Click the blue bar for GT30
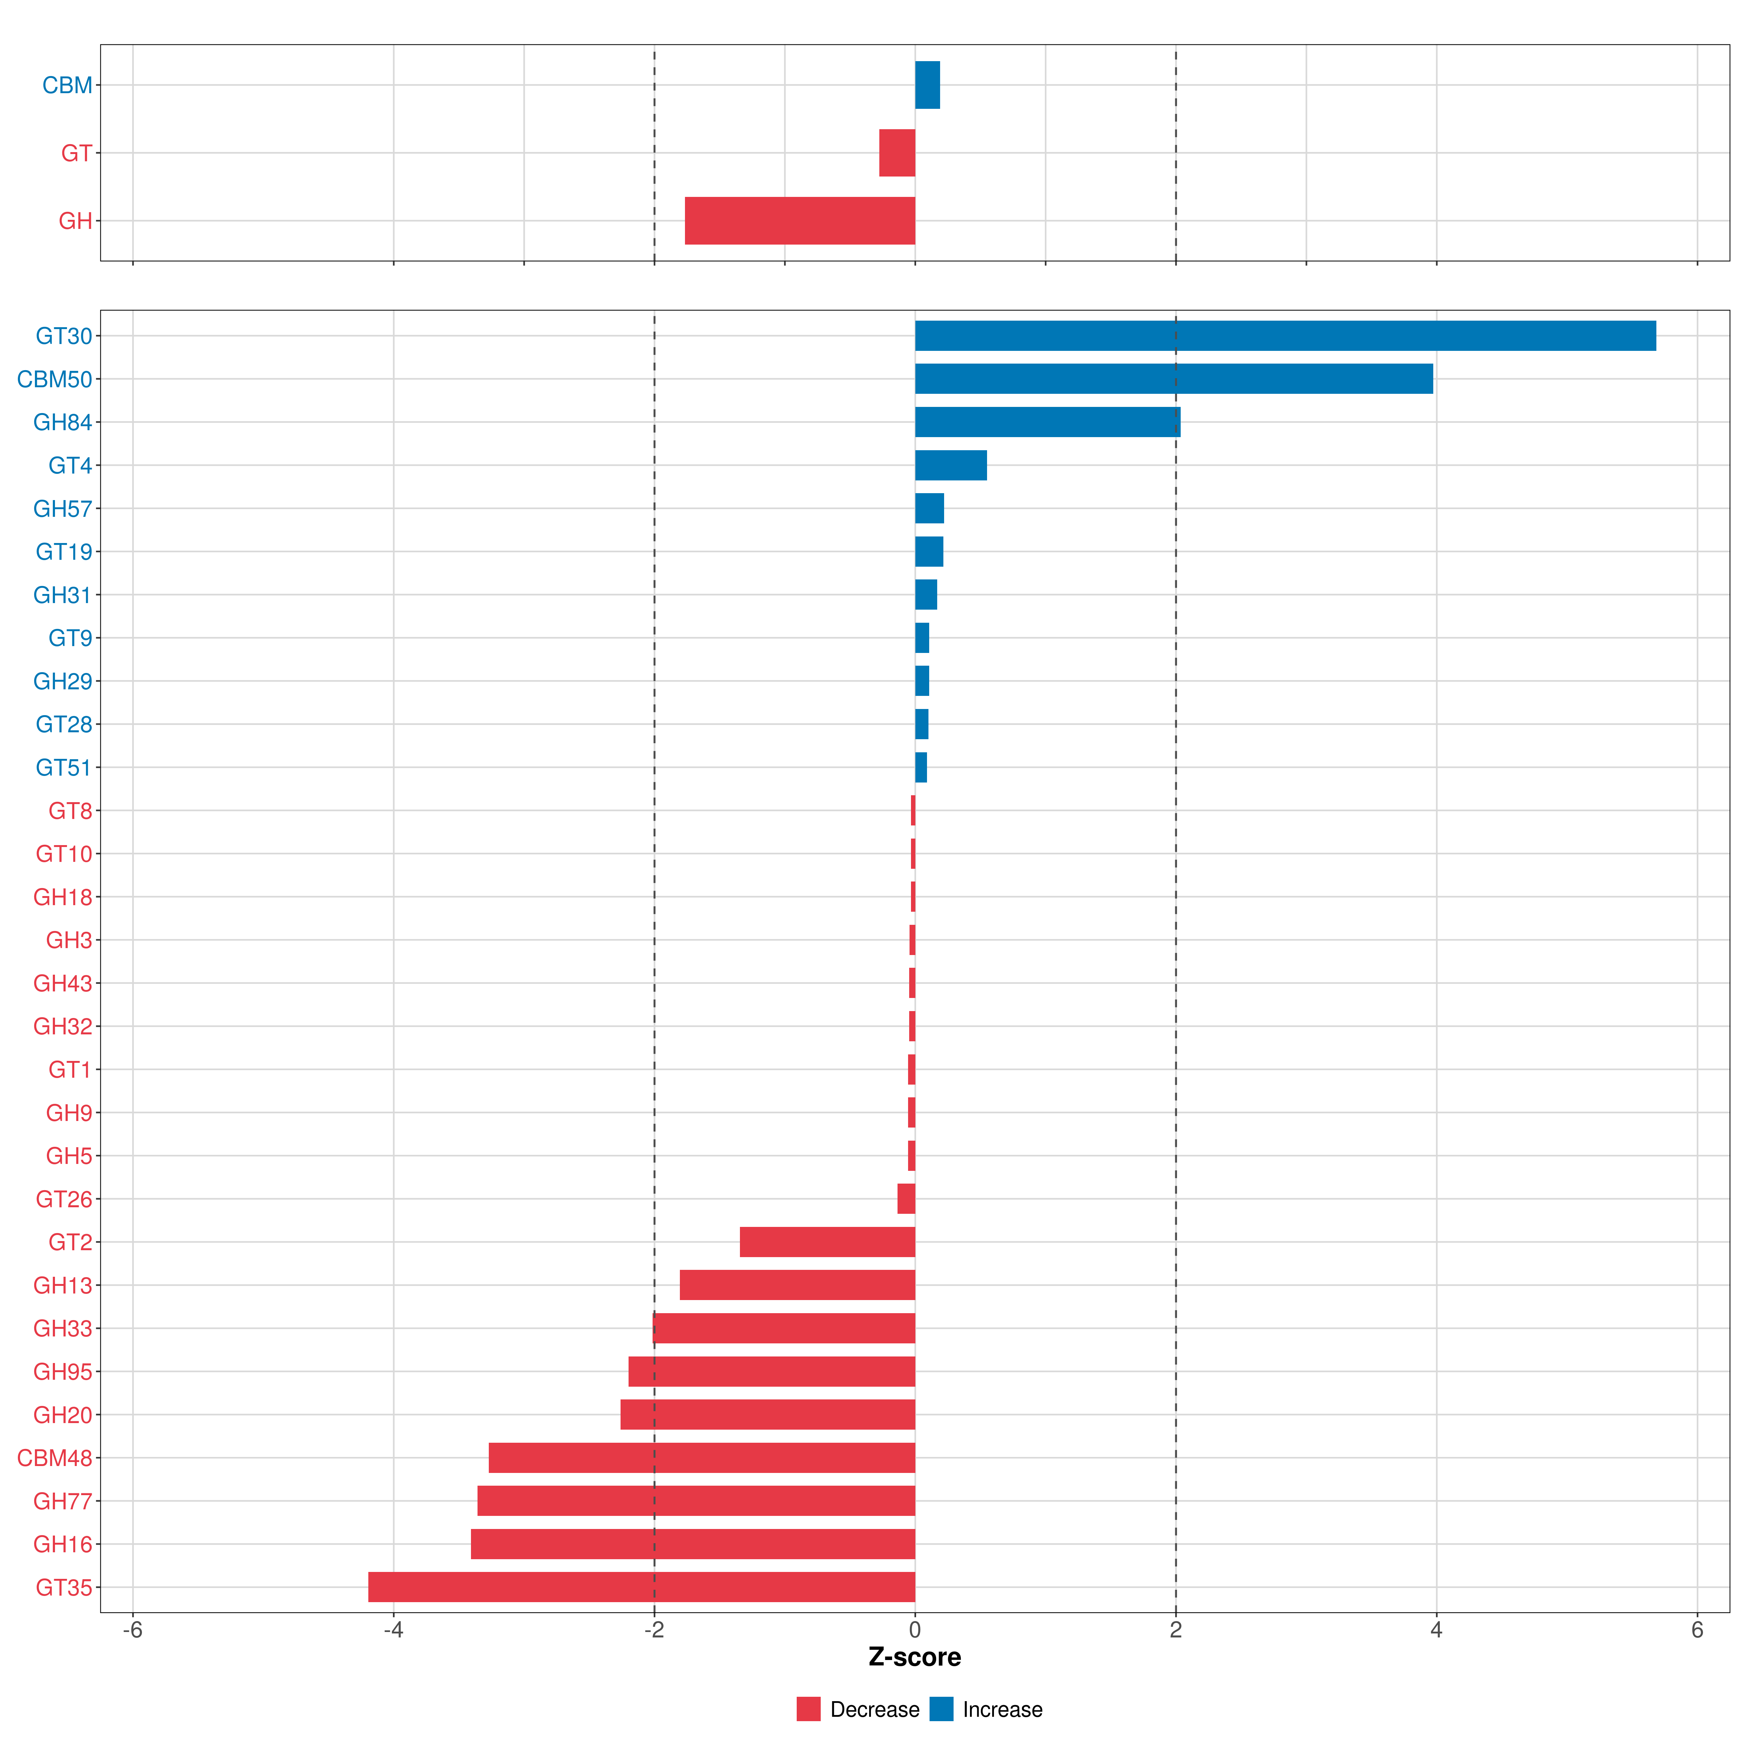pyautogui.click(x=1284, y=336)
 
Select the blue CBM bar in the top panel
pyautogui.click(x=927, y=85)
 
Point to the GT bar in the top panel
pyautogui.click(x=897, y=153)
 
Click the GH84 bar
pyautogui.click(x=1047, y=422)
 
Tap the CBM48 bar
pyautogui.click(x=702, y=1458)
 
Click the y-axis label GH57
pyautogui.click(x=62, y=509)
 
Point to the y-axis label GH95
pyautogui.click(x=62, y=1372)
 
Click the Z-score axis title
pyautogui.click(x=914, y=1657)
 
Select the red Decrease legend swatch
pyautogui.click(x=808, y=1709)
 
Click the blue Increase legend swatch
pyautogui.click(x=941, y=1709)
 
